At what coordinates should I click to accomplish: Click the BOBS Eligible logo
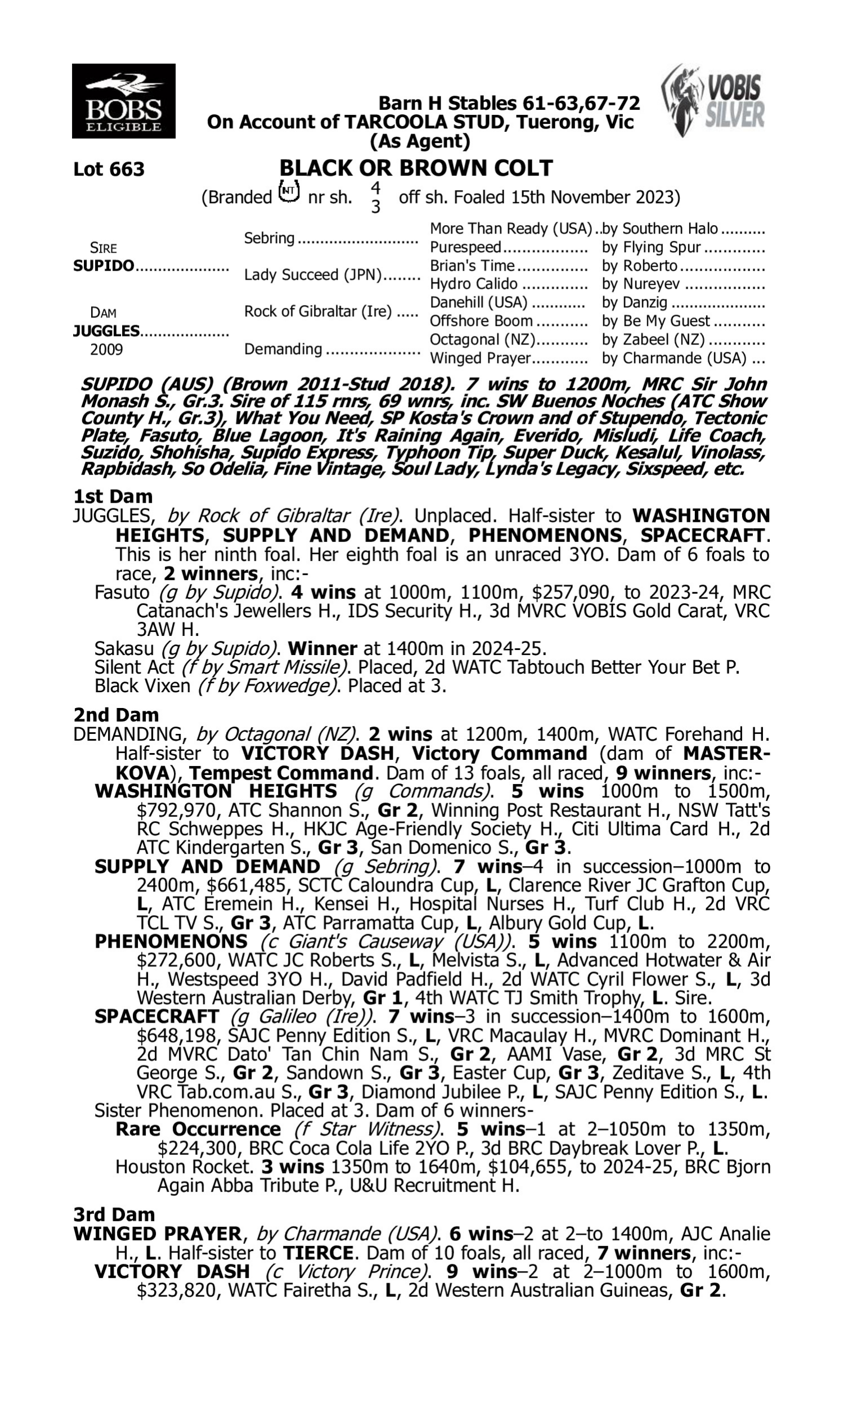coord(123,101)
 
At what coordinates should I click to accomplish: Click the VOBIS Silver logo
coord(714,101)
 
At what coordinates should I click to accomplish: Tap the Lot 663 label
coord(109,169)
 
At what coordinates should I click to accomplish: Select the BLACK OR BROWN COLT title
coord(416,168)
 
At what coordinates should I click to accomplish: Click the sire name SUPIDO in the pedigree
coord(104,266)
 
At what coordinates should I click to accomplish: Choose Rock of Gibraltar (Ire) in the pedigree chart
coord(318,312)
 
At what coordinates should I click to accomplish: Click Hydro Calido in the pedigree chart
coord(473,284)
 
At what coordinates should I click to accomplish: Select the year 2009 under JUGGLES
coord(106,349)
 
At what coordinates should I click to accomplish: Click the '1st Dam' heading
coord(113,496)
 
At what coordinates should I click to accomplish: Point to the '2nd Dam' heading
coord(116,715)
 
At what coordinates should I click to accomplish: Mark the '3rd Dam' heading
coord(114,1214)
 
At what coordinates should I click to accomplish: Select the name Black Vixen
coord(142,686)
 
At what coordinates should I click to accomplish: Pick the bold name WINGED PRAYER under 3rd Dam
coord(157,1234)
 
